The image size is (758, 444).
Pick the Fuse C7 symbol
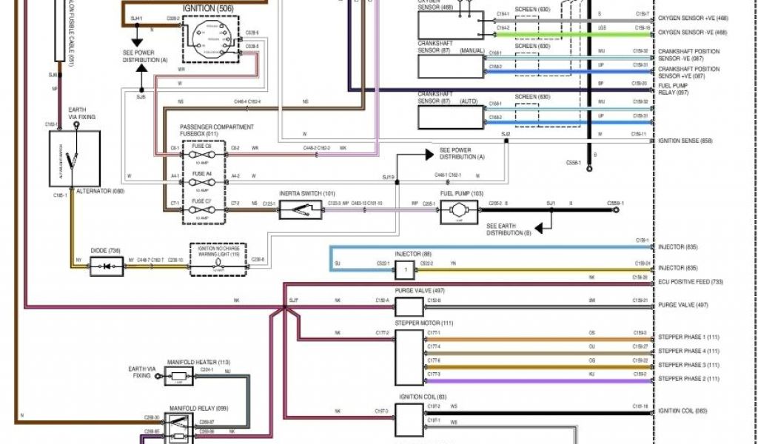pyautogui.click(x=201, y=209)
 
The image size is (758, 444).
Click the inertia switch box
pyautogui.click(x=301, y=209)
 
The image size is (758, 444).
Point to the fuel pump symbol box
pyautogui.click(x=460, y=212)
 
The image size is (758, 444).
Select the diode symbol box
pyautogui.click(x=107, y=266)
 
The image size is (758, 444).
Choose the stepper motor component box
pyautogui.click(x=408, y=357)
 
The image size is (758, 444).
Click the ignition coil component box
pyautogui.click(x=408, y=420)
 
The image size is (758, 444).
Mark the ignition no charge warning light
pyautogui.click(x=218, y=260)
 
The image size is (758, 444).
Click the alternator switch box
pyautogui.click(x=74, y=158)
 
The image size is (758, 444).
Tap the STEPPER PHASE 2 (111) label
pyautogui.click(x=688, y=379)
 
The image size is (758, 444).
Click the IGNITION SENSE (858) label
pyautogui.click(x=685, y=140)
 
